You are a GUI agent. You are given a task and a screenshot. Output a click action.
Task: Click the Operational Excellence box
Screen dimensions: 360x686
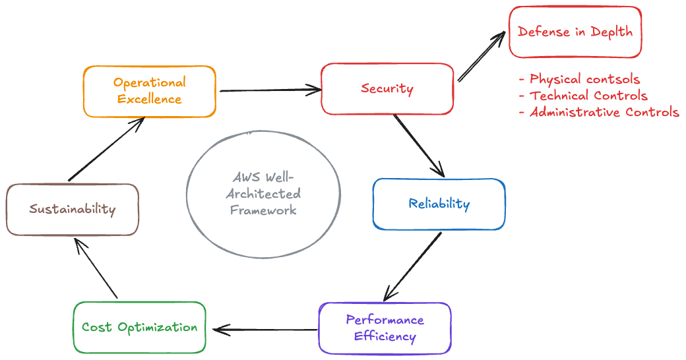point(150,91)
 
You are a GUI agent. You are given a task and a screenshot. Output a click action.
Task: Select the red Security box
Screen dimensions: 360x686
point(387,89)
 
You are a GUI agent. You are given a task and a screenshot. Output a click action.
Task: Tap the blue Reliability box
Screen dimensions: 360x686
point(439,204)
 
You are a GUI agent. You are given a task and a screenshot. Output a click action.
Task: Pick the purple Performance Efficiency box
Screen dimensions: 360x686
point(385,328)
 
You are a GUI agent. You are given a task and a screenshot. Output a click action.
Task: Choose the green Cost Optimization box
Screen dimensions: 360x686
point(139,327)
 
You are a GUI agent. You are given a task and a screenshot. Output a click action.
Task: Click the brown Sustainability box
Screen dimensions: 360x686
point(73,210)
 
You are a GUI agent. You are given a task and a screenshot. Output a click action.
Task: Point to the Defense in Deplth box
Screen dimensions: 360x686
point(575,32)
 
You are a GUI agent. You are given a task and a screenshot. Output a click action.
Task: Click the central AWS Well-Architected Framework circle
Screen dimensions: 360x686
point(264,194)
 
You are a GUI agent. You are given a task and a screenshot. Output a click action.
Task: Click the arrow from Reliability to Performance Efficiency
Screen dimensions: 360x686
point(413,266)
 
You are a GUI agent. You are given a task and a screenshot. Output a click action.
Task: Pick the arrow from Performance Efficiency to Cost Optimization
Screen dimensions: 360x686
point(264,328)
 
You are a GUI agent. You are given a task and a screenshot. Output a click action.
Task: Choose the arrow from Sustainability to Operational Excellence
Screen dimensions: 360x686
point(108,150)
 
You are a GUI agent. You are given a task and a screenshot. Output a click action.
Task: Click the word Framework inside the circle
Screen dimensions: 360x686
point(263,210)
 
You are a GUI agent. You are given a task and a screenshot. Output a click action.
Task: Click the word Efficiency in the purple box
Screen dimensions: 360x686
point(385,336)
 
